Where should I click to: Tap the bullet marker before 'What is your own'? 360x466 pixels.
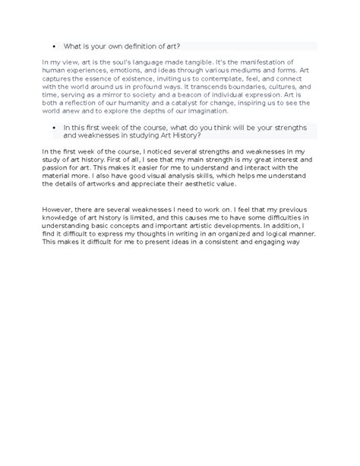(x=57, y=46)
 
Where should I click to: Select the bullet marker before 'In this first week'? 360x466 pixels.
(x=57, y=128)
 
